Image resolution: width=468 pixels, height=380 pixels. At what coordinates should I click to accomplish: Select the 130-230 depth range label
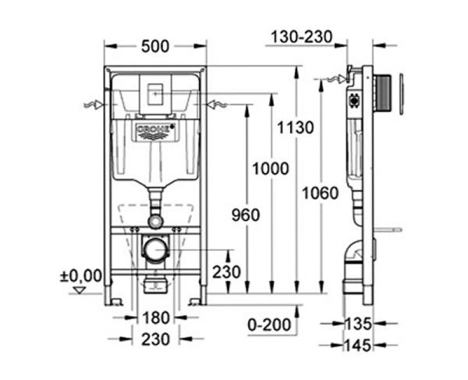coord(301,37)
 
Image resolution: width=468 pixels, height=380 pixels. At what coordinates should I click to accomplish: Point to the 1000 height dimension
coord(270,169)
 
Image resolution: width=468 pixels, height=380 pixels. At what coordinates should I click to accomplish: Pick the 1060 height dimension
coord(321,192)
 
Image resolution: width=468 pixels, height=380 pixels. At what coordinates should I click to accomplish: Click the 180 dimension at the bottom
coord(154,318)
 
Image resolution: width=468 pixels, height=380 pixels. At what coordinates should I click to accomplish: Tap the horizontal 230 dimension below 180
coord(154,338)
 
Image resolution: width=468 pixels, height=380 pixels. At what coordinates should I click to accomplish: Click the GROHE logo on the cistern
coord(155,129)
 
